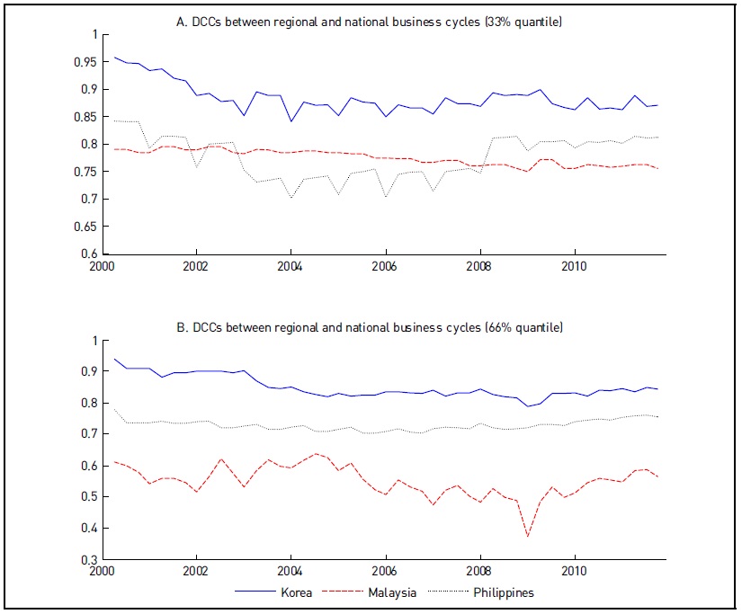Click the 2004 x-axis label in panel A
pyautogui.click(x=291, y=267)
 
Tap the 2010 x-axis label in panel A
pyautogui.click(x=574, y=267)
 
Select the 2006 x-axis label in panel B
pyautogui.click(x=385, y=572)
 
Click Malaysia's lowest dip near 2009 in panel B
pyautogui.click(x=528, y=536)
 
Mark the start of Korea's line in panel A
pyautogui.click(x=115, y=58)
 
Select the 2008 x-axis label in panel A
pyautogui.click(x=479, y=267)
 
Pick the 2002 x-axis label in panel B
pyautogui.click(x=196, y=572)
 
